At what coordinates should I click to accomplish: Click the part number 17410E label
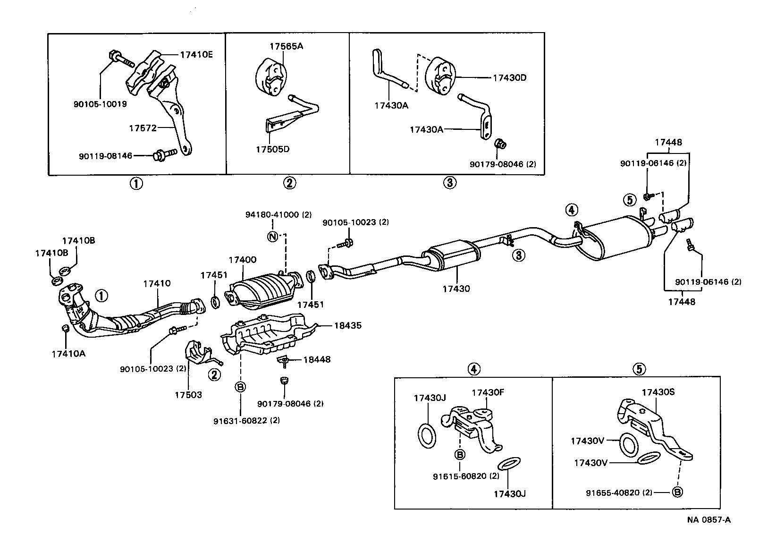coord(196,54)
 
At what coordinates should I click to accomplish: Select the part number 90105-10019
coord(100,104)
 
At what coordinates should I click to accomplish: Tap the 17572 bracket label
coord(143,128)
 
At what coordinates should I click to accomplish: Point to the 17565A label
coord(286,46)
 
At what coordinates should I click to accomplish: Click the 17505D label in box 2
coord(272,149)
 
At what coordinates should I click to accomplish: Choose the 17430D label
coord(509,78)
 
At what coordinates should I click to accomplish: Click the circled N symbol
coord(272,237)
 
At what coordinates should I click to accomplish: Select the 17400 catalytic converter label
coord(242,260)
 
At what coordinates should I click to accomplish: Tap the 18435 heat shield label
coord(348,325)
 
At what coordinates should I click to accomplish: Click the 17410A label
coord(68,354)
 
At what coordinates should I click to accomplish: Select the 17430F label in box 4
coord(488,392)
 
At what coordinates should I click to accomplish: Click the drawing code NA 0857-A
coord(708,520)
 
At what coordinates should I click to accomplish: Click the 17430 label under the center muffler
coord(456,288)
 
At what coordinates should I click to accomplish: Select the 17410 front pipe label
coord(157,283)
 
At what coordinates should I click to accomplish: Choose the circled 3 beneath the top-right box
coord(450,182)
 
